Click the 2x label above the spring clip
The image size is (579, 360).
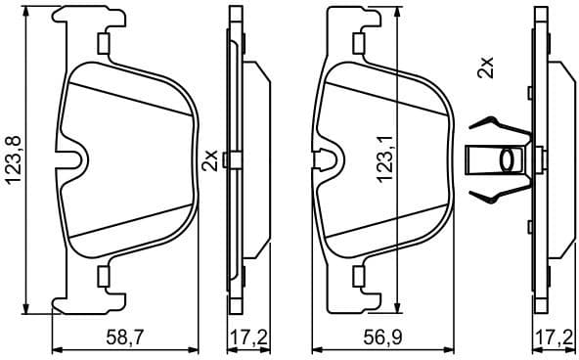(x=486, y=68)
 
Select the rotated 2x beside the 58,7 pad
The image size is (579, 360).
(x=208, y=160)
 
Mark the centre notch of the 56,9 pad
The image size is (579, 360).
(x=330, y=157)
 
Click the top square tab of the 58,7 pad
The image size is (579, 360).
(x=102, y=42)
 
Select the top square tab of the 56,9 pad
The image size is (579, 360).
(x=359, y=42)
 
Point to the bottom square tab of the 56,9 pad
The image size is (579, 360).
(x=359, y=279)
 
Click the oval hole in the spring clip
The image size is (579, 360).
(x=509, y=158)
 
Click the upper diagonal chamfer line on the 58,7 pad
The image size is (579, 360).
(x=127, y=95)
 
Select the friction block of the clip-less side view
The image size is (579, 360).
(x=256, y=157)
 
